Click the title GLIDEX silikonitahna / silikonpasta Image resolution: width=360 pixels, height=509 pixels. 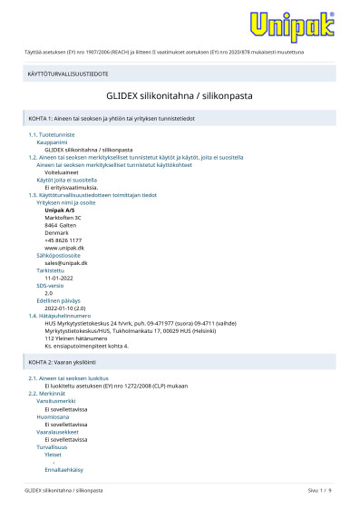click(180, 94)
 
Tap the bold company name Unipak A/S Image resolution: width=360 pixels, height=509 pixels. click(61, 210)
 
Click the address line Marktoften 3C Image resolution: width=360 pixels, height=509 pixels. click(63, 217)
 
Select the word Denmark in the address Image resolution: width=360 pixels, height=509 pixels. click(56, 231)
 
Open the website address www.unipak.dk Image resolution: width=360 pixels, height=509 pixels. click(64, 246)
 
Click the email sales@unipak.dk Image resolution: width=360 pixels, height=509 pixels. click(66, 261)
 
